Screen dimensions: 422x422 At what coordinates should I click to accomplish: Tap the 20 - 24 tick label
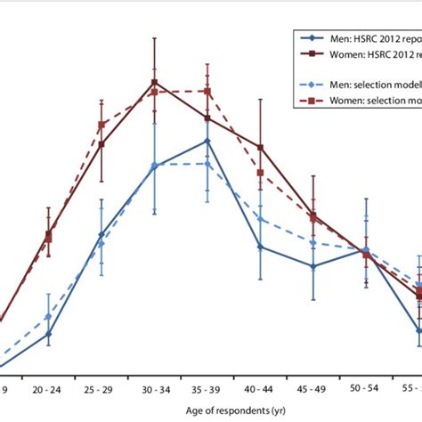48,389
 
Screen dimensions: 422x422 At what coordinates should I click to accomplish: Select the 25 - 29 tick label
101,389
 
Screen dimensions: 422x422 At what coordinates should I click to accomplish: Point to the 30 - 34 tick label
154,389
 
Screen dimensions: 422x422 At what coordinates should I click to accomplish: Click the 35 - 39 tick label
207,389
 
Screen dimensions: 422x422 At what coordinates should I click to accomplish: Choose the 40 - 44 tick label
260,389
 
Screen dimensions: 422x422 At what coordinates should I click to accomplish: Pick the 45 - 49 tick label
313,389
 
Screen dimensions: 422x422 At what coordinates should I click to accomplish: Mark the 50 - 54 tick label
366,389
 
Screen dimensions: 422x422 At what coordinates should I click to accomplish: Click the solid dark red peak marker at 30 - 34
155,82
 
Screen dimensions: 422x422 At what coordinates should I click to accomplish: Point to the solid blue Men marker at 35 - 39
207,141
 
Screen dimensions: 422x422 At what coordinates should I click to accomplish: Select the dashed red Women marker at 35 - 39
207,91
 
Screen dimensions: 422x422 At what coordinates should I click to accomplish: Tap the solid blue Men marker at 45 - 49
313,265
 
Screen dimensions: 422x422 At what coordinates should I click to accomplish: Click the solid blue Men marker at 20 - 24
48,334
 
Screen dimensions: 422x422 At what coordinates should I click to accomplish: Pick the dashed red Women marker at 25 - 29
101,125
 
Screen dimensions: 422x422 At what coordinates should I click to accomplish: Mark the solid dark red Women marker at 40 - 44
260,148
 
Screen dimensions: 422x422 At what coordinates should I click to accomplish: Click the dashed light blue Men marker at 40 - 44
260,219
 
